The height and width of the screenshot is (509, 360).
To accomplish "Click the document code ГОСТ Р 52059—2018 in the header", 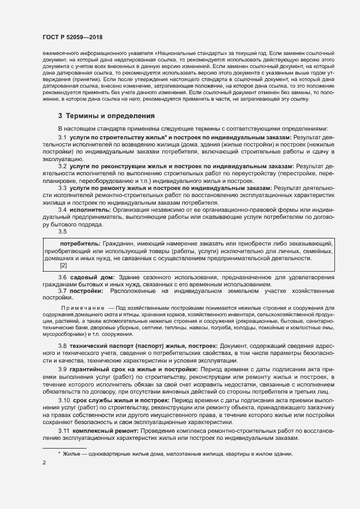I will point(72,37).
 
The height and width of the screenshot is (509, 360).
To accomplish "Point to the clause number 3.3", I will point(62,187).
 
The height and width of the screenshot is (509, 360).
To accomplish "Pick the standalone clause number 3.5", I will point(62,231).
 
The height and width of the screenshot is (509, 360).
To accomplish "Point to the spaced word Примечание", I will point(82,308).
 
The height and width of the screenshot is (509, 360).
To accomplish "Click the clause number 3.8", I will point(62,346).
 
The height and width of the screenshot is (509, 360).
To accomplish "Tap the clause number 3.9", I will point(62,370).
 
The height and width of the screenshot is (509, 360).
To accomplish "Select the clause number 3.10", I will point(64,400).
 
